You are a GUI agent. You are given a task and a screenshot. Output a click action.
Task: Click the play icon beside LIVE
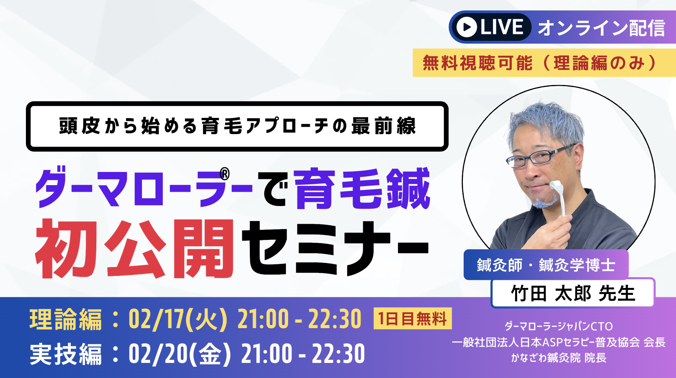click(x=467, y=27)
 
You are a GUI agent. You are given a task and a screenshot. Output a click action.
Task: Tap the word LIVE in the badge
click(x=502, y=27)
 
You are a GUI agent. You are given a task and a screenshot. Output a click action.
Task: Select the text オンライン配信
click(x=601, y=28)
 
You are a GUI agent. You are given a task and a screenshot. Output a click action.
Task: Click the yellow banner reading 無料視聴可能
click(x=544, y=63)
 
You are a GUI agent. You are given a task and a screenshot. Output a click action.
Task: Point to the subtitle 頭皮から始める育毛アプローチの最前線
click(x=237, y=126)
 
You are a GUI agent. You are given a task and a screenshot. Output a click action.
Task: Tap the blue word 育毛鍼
click(x=362, y=189)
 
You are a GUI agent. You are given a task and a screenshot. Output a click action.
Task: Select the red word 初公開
click(x=134, y=249)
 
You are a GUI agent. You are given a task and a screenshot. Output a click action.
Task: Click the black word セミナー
click(x=335, y=248)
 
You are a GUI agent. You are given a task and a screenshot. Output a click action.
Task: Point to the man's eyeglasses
click(x=541, y=155)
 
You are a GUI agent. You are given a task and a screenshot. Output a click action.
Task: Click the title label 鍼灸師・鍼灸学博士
click(x=546, y=265)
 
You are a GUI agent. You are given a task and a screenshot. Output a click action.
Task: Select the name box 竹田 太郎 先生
click(x=573, y=293)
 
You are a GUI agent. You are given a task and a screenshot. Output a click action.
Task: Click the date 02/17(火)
click(x=178, y=319)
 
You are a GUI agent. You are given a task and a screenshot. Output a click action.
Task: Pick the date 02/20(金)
click(x=180, y=354)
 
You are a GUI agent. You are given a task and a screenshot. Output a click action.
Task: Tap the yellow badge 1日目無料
click(x=413, y=318)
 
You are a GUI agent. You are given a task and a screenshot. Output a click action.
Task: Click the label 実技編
click(x=65, y=354)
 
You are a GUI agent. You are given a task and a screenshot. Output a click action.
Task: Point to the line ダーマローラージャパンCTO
click(x=558, y=326)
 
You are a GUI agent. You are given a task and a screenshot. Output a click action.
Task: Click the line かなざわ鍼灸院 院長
click(x=558, y=358)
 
